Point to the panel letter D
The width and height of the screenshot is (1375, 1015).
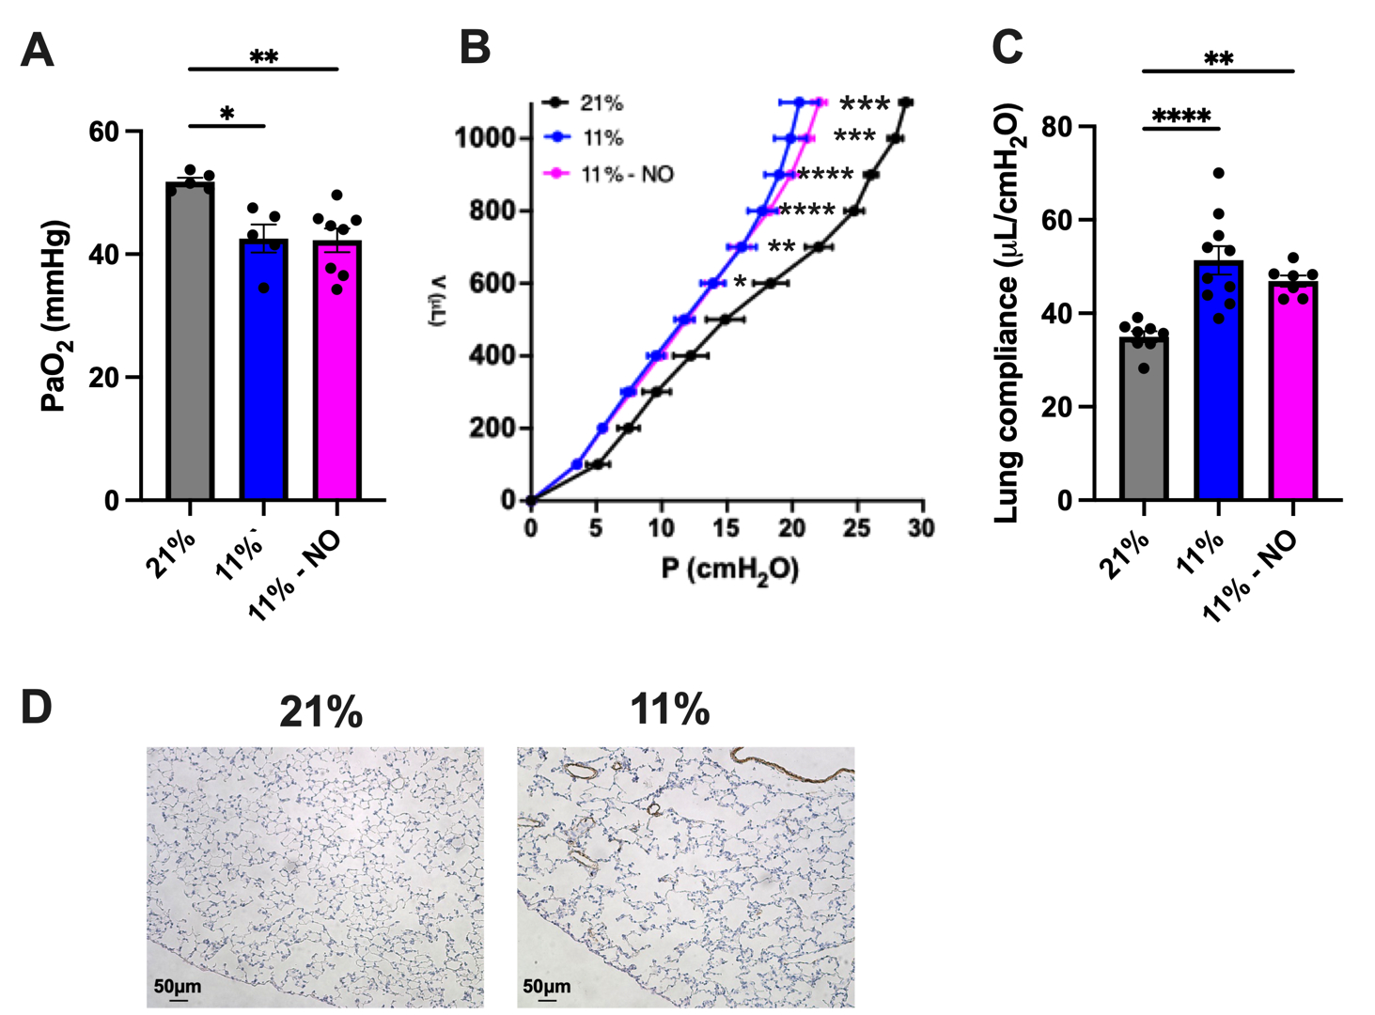36,708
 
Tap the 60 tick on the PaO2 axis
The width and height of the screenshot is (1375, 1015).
105,132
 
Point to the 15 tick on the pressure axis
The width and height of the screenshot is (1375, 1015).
726,528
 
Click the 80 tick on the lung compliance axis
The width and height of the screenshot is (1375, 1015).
1063,126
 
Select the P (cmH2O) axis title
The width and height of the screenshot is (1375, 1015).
729,570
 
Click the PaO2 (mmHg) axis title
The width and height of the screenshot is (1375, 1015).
56,315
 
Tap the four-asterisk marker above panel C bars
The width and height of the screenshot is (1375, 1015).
1180,117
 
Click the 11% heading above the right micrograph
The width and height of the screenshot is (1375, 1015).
669,709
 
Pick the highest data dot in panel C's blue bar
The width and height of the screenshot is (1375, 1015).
1219,174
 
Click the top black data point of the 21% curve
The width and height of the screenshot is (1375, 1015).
905,102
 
